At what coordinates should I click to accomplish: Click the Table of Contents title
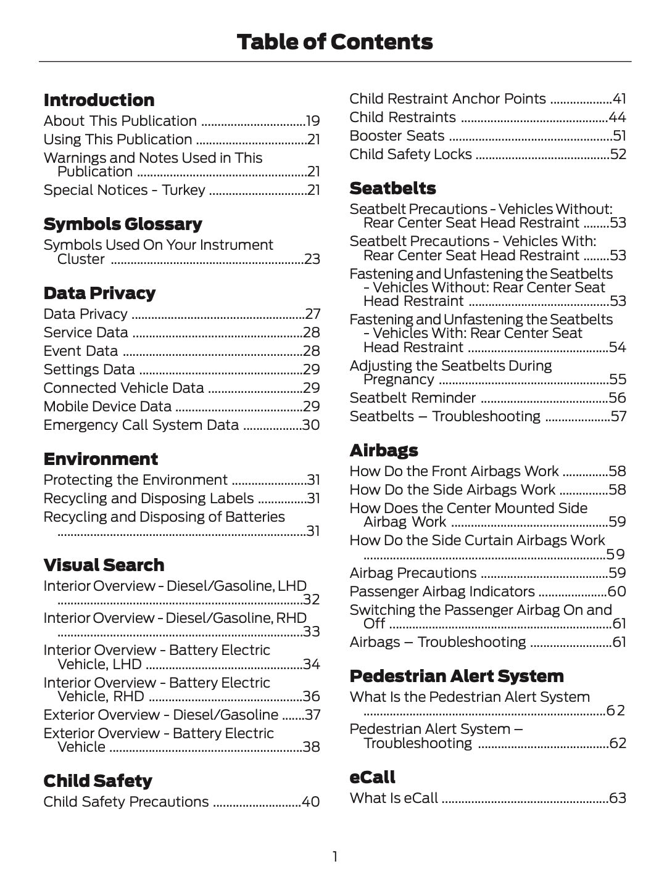pos(334,42)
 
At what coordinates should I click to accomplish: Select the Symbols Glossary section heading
pos(123,224)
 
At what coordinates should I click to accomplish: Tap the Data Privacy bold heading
pos(99,293)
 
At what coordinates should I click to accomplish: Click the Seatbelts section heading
pos(392,188)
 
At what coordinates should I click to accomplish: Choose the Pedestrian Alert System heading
pos(456,676)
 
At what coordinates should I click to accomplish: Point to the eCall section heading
pos(372,777)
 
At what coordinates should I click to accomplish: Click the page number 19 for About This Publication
pos(313,121)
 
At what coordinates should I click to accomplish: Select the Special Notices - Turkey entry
pos(124,190)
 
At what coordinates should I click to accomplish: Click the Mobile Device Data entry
pos(107,406)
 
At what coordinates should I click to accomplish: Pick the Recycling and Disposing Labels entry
pos(148,498)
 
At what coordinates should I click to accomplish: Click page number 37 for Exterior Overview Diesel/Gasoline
pos(312,715)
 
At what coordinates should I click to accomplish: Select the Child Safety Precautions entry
pos(126,802)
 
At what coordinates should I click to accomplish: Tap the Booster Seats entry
pos(397,136)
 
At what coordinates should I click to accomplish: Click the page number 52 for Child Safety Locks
pos(618,154)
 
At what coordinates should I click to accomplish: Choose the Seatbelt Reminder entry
pos(412,398)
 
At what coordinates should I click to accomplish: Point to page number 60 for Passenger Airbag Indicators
pos(617,591)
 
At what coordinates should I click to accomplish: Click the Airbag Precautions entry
pos(413,573)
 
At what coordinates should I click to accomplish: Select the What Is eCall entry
pos(394,798)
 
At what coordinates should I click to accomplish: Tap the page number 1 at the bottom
pos(334,857)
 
